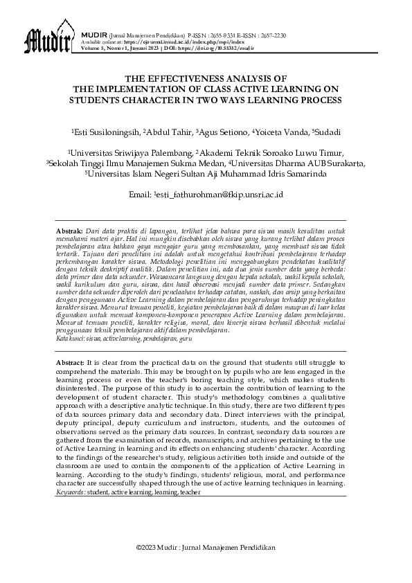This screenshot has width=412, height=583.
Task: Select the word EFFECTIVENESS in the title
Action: click(x=182, y=80)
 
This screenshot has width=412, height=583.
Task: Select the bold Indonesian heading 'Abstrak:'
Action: click(x=69, y=228)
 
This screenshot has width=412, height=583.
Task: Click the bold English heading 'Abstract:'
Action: click(x=69, y=362)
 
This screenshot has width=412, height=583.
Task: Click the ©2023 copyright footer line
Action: click(x=206, y=547)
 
